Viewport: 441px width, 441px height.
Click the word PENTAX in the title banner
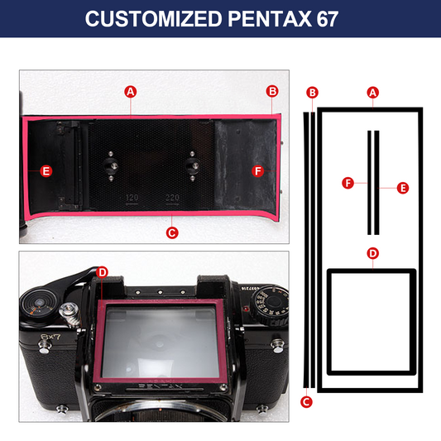pos(270,19)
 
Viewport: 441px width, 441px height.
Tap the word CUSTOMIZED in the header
pos(154,19)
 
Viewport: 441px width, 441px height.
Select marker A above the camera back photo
pos(131,92)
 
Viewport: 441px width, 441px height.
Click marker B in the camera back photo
pos(272,91)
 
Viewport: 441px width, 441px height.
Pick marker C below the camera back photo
pos(172,232)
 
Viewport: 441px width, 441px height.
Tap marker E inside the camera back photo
pos(46,171)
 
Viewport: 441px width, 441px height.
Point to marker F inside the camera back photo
pos(258,171)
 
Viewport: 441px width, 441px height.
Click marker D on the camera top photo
pos(102,272)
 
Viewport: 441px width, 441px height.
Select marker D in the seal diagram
pos(373,253)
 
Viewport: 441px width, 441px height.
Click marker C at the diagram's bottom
pos(306,402)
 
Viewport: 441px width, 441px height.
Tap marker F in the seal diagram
pos(348,183)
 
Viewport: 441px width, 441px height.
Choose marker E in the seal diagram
pos(403,188)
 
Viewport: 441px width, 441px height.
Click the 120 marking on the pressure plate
pos(132,198)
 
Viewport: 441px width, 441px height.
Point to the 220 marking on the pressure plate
pos(172,198)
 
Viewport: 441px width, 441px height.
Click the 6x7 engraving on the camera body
pos(50,337)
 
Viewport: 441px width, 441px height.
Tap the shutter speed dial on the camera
pos(270,304)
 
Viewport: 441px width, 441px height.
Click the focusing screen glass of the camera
pos(161,342)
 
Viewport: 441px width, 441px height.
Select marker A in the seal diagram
pos(373,93)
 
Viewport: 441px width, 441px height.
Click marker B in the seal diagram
pos(312,93)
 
